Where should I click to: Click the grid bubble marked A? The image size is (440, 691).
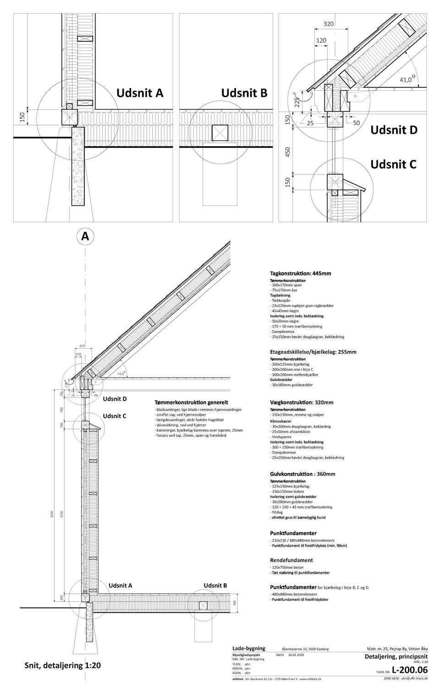pyautogui.click(x=85, y=236)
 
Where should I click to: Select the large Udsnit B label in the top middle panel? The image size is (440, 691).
pyautogui.click(x=244, y=93)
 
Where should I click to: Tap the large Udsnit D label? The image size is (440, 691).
pyautogui.click(x=394, y=130)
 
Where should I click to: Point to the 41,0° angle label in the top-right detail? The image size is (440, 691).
pyautogui.click(x=407, y=80)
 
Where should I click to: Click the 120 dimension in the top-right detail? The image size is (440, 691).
pyautogui.click(x=321, y=41)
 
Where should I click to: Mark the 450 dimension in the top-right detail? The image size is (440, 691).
pyautogui.click(x=288, y=153)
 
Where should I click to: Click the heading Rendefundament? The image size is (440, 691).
pyautogui.click(x=291, y=560)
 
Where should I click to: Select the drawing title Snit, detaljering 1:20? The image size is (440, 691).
pyautogui.click(x=62, y=665)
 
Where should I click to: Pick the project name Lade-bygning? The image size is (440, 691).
pyautogui.click(x=248, y=648)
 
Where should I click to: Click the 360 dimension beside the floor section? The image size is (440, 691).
pyautogui.click(x=234, y=603)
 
